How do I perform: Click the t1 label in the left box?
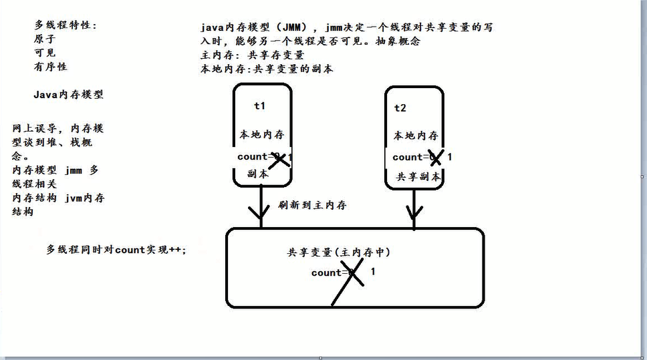[x=260, y=106]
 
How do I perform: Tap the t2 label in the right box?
[x=400, y=108]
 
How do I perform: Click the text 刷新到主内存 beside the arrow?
[x=313, y=206]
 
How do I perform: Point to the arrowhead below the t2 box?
[x=415, y=213]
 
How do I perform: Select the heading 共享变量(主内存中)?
[x=339, y=252]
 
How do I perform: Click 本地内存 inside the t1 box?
[x=262, y=135]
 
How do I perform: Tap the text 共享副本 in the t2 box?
[x=419, y=177]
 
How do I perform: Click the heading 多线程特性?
[x=66, y=25]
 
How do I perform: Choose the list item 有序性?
[x=50, y=67]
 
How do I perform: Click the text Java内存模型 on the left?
[x=68, y=95]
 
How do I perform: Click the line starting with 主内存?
[x=252, y=55]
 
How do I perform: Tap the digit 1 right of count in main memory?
[x=372, y=272]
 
